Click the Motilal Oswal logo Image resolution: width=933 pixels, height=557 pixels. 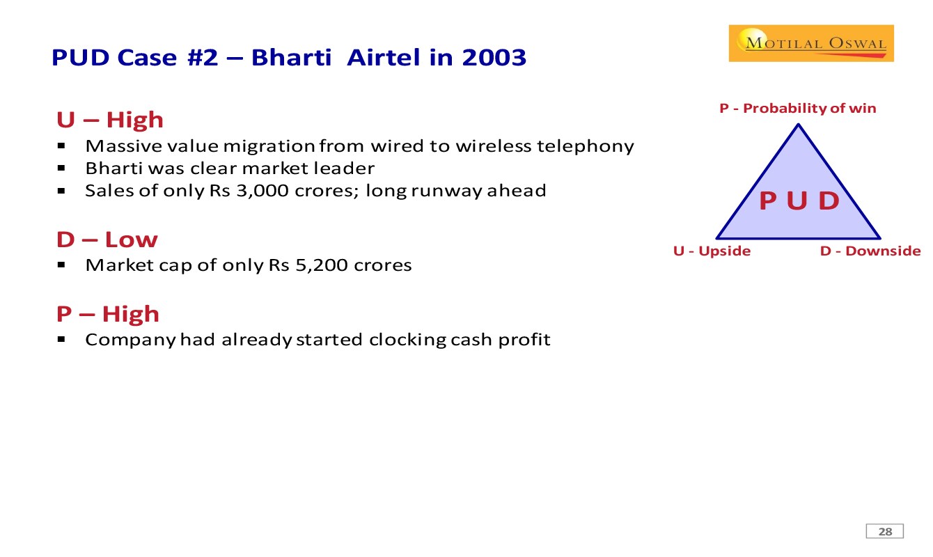tap(811, 43)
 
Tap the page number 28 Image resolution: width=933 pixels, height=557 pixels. tap(885, 531)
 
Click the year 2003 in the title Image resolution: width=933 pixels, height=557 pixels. tap(494, 57)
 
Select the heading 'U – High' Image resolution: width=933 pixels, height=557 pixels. tap(110, 120)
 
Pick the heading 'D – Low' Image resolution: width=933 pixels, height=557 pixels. tap(107, 240)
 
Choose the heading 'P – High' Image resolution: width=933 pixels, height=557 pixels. tap(108, 314)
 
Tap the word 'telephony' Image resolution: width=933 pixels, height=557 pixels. tap(585, 146)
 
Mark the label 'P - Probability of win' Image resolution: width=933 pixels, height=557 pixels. tap(798, 109)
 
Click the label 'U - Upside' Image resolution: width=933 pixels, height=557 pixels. tap(712, 251)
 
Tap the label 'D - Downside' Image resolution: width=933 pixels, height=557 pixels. tap(870, 251)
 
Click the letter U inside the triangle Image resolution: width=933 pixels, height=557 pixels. tap(797, 201)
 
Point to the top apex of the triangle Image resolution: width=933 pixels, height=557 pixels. tap(798, 124)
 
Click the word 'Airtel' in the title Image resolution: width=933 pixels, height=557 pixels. tap(383, 57)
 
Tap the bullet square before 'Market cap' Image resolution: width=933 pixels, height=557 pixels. tap(61, 265)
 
